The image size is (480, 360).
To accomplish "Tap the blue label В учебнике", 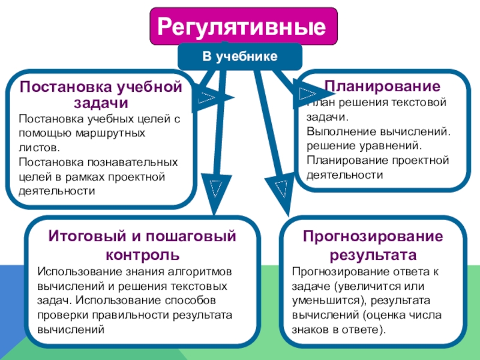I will [239, 56].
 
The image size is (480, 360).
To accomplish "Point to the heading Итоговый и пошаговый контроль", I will [142, 244].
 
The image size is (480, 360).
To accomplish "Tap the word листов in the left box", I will [38, 147].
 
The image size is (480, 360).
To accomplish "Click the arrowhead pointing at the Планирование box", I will [306, 93].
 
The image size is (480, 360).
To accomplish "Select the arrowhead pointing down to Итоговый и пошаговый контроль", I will [214, 189].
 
